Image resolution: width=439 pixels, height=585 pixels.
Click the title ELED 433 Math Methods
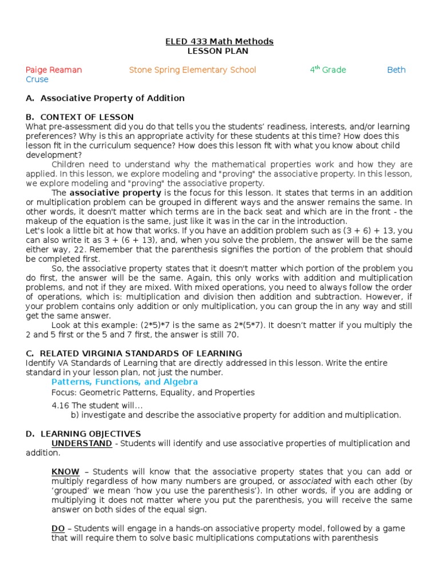point(219,42)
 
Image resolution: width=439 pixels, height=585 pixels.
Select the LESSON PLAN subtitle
point(219,51)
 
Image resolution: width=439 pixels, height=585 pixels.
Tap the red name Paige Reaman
point(54,70)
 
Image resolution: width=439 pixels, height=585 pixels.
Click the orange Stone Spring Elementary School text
point(193,70)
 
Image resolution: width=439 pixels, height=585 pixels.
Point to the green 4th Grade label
point(328,70)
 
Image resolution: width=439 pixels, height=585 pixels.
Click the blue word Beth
point(396,70)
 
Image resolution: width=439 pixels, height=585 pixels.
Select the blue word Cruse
point(37,79)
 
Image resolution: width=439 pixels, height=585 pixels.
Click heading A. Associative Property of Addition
point(105,98)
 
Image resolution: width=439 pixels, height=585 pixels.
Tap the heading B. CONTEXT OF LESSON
point(79,117)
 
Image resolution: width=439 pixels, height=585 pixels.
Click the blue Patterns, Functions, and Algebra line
point(125,382)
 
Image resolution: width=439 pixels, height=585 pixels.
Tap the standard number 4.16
point(59,406)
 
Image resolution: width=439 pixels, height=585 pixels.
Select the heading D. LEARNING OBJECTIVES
point(83,434)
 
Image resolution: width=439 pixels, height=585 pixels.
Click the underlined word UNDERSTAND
point(82,443)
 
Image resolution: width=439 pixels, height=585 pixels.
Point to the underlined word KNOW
point(66,472)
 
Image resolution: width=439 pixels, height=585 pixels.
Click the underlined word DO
point(58,528)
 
